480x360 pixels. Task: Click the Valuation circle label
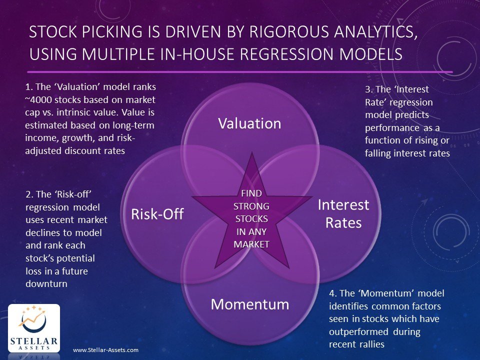point(249,123)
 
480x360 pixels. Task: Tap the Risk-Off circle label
point(157,214)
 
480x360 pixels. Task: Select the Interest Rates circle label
point(343,213)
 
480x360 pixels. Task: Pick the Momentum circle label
point(249,304)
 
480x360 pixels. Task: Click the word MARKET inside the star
point(251,244)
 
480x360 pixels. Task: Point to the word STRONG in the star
point(251,205)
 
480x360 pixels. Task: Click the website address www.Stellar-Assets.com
point(105,350)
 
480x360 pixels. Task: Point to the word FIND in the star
point(251,193)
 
